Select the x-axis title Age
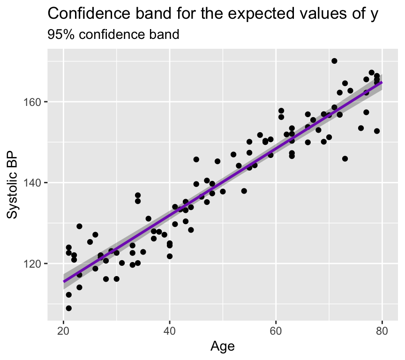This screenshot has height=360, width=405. coord(223,346)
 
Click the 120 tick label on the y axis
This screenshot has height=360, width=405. coord(36,263)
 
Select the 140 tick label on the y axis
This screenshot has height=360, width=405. coord(36,183)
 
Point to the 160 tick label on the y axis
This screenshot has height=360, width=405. coord(36,102)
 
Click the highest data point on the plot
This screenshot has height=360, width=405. coord(334,61)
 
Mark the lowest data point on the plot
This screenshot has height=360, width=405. coord(69,308)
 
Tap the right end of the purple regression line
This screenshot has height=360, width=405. coord(382,82)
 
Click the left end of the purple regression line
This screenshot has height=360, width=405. coord(64,281)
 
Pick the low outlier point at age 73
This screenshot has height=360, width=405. coord(345,158)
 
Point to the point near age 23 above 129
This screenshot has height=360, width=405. coord(79,226)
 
